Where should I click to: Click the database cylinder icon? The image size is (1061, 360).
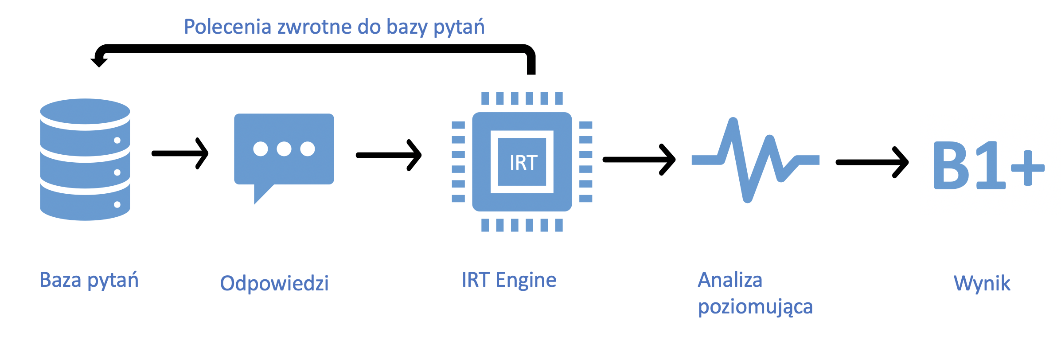coord(85,160)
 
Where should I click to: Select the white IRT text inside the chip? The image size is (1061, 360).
coord(523,163)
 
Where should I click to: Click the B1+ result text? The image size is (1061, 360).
coord(988,166)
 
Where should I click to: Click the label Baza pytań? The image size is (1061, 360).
coord(89,281)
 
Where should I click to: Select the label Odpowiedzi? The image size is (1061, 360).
coord(274,283)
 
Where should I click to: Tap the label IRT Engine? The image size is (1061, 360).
coord(509,280)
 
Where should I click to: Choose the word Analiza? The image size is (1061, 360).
coord(730,280)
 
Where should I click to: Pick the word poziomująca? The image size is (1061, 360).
coord(755,307)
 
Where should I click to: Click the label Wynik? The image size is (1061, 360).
coord(982,283)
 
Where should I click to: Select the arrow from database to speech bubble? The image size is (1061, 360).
coord(180,153)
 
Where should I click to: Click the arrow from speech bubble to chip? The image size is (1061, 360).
coord(389,155)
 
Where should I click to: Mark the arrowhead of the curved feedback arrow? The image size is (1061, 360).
coord(98,61)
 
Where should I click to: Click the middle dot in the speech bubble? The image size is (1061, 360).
coord(284,149)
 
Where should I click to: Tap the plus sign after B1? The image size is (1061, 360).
coord(1028,168)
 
